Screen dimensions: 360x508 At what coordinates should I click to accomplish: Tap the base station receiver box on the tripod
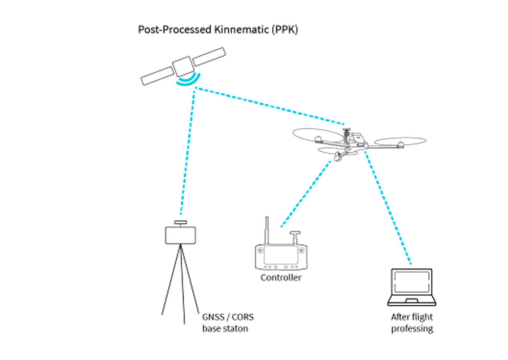coord(181,235)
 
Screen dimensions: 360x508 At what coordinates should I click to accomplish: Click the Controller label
coord(281,278)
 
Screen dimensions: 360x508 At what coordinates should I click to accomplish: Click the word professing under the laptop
coord(412,329)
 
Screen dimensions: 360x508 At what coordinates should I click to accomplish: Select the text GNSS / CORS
coord(228,318)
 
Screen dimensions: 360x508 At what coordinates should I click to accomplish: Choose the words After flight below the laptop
coord(412,318)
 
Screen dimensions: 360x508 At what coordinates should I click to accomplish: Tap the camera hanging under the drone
coord(339,156)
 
